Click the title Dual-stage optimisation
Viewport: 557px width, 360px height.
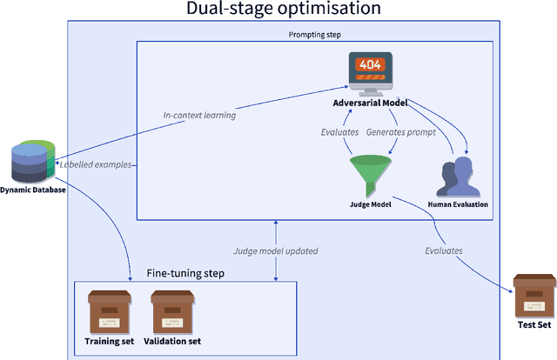click(284, 10)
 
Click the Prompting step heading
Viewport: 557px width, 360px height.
click(316, 34)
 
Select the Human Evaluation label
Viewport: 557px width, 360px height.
click(458, 205)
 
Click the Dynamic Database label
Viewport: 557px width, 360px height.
click(32, 190)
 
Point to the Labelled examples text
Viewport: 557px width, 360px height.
click(95, 163)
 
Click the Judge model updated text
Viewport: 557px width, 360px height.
click(274, 250)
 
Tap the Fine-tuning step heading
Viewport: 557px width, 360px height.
click(185, 273)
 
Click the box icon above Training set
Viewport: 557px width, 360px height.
click(109, 310)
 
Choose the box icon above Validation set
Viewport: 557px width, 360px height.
click(171, 310)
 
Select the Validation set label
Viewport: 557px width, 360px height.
click(171, 341)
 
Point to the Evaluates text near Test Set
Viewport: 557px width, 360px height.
click(444, 250)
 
